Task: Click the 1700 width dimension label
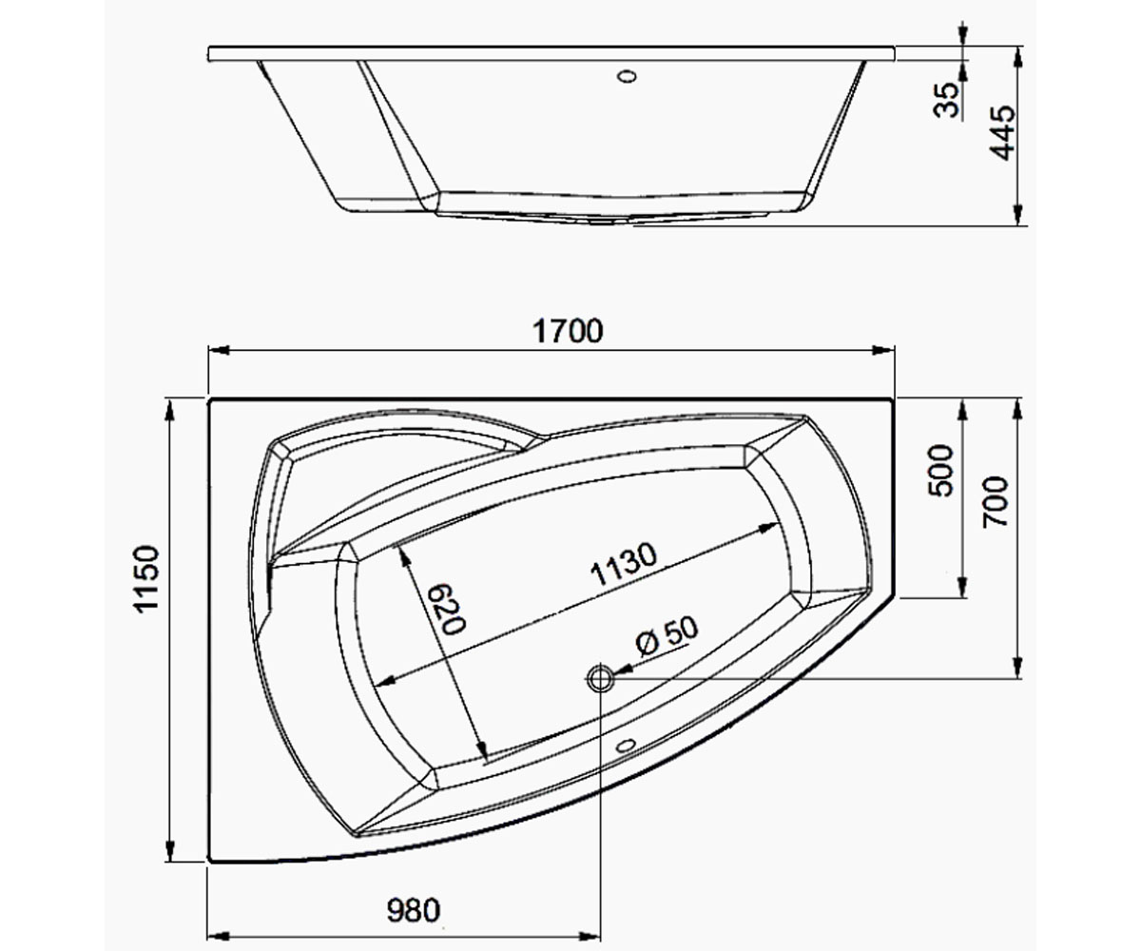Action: tap(568, 331)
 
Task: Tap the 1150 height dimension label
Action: tap(147, 579)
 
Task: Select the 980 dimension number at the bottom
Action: tap(413, 910)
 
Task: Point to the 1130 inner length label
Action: tap(624, 564)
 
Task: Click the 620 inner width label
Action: tap(445, 609)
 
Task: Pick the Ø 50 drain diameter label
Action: tap(667, 636)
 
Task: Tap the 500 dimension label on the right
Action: tap(941, 471)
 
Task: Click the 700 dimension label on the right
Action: tap(995, 502)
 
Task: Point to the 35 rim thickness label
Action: tap(946, 100)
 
